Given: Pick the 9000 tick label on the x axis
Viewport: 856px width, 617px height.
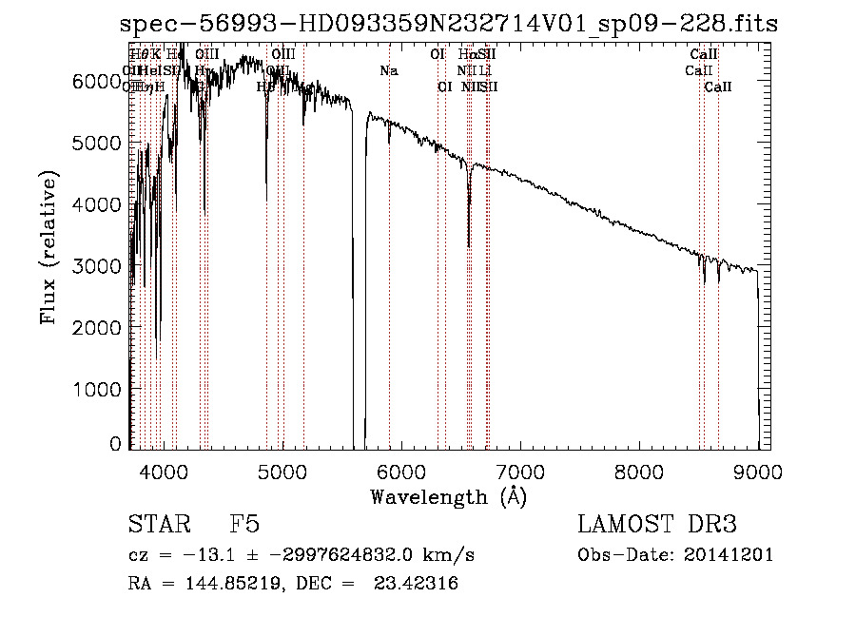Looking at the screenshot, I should [758, 469].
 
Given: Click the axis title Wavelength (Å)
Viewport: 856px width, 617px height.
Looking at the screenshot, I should [448, 496].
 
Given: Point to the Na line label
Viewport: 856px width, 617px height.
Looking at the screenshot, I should [388, 71].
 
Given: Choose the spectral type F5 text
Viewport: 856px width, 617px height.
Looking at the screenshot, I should [244, 525].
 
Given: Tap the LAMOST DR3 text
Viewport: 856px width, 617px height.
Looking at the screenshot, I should [657, 525].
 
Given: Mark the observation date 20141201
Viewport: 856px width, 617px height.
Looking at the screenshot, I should [731, 555].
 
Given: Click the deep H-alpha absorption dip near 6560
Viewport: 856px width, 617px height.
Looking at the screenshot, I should [469, 242].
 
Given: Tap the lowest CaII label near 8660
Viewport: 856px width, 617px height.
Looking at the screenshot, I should [718, 87].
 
